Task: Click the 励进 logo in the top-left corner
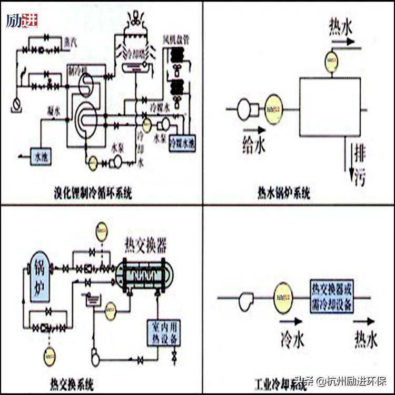click(x=22, y=21)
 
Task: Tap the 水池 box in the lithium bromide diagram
click(x=41, y=156)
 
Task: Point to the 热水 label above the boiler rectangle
click(x=340, y=26)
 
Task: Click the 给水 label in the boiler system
click(x=253, y=144)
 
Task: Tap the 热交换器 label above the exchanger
click(x=145, y=245)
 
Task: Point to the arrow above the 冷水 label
click(x=291, y=321)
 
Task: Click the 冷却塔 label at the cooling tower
click(x=136, y=54)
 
